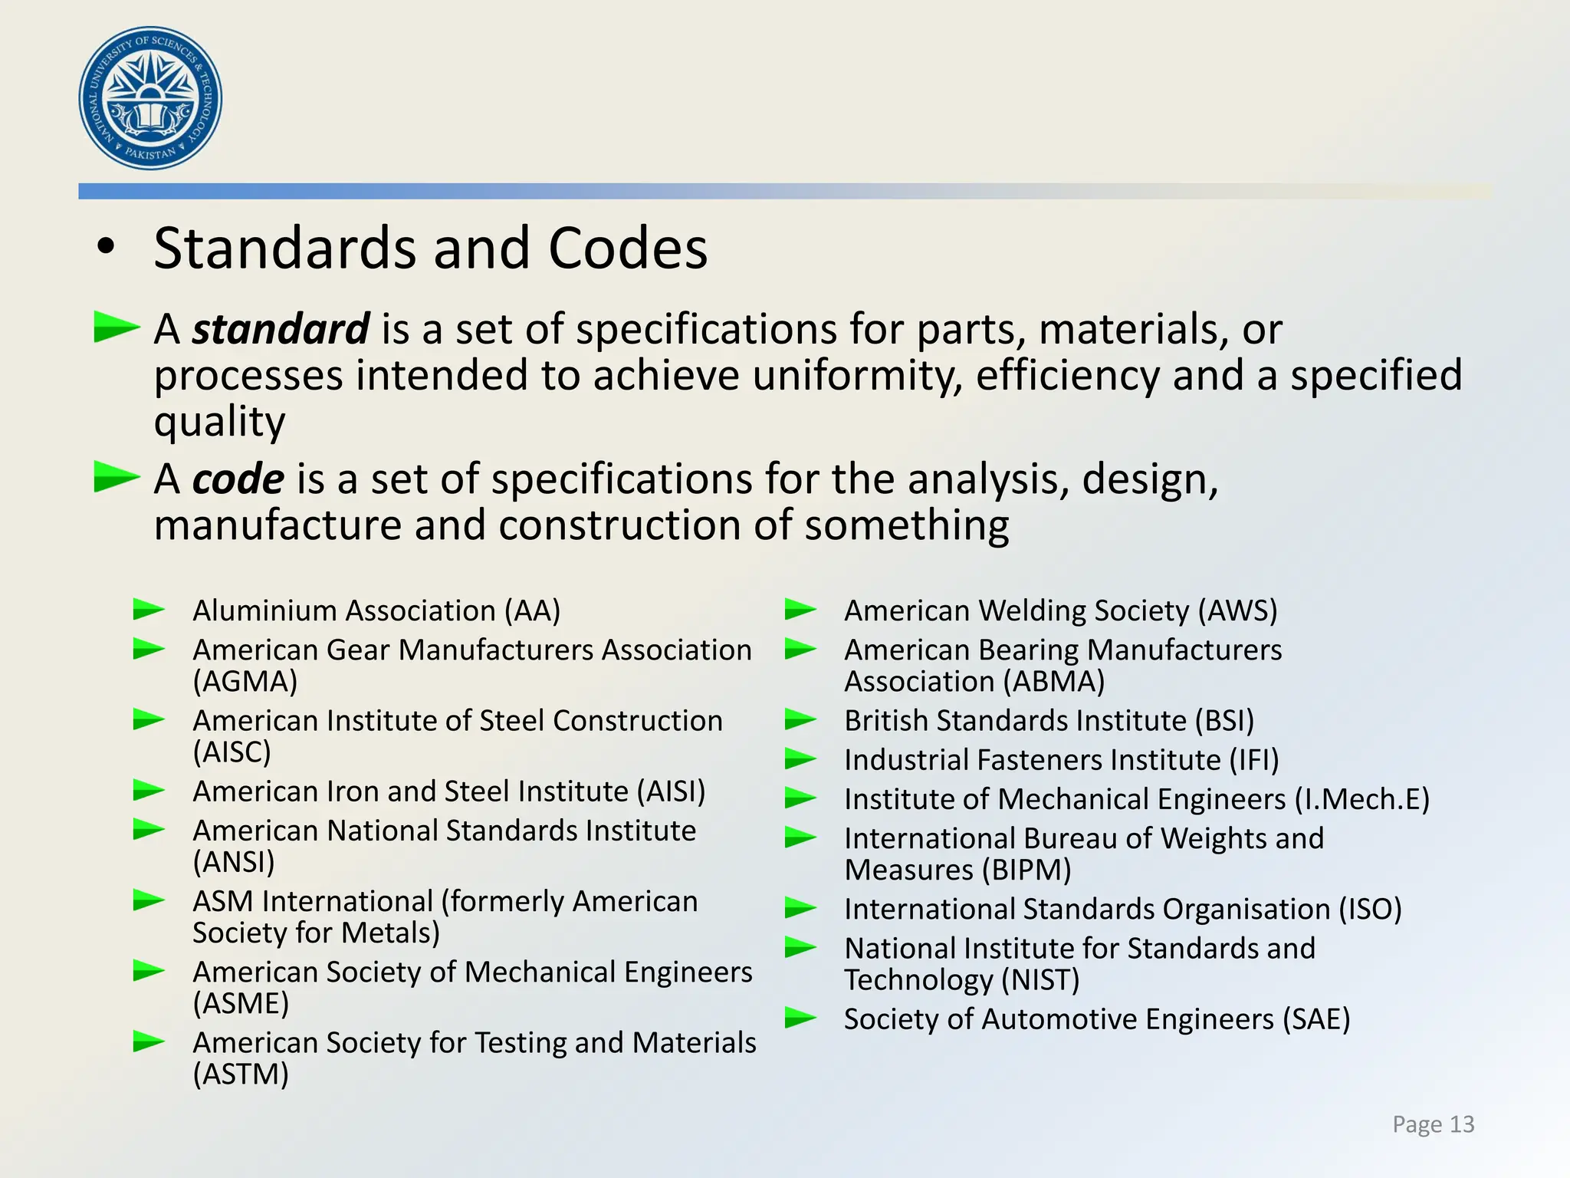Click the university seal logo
(150, 98)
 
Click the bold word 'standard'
(281, 330)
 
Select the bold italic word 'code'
(238, 479)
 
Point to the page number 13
(1462, 1124)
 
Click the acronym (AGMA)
(245, 681)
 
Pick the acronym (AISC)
(232, 752)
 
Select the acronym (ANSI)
(234, 862)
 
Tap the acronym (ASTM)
(241, 1074)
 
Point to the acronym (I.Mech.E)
(1361, 799)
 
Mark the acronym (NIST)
(1040, 980)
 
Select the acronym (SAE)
(1315, 1019)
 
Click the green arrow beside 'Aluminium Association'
(149, 610)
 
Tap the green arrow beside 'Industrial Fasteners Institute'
(801, 759)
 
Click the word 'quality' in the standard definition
(220, 422)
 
